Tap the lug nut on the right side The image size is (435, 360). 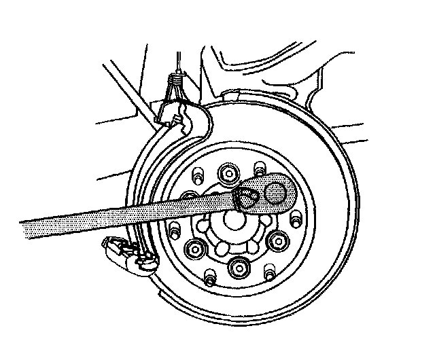(x=277, y=239)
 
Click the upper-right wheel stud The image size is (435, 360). (x=258, y=166)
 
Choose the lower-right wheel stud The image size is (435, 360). (x=270, y=274)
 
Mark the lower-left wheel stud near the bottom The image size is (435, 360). (x=209, y=278)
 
